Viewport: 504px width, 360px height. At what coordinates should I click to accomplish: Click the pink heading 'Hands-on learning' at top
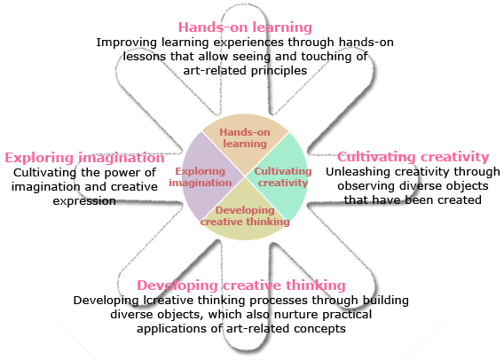point(245,27)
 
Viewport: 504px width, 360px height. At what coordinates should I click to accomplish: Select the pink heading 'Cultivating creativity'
point(413,157)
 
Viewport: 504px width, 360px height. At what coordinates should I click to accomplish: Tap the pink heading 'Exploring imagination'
point(84,158)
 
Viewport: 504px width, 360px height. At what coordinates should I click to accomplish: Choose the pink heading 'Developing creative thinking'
point(241,286)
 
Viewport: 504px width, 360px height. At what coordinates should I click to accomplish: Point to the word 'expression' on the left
point(84,201)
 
